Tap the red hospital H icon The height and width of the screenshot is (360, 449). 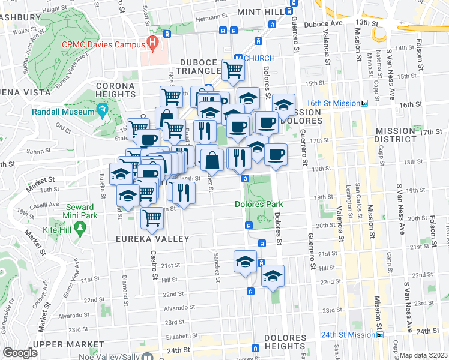point(153,43)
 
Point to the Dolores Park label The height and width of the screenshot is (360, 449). point(258,204)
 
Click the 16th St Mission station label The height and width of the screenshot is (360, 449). point(334,103)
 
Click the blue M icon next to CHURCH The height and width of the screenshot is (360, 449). point(238,58)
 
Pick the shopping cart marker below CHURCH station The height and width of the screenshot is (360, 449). point(233,69)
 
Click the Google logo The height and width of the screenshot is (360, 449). point(20,353)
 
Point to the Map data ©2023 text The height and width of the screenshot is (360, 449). point(424,355)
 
